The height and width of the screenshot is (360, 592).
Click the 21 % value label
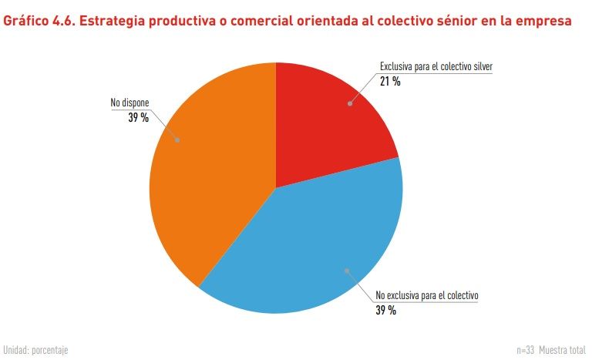pos(389,81)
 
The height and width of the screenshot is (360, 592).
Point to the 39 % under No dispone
pos(139,117)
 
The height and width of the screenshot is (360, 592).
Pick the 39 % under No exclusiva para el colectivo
pos(385,310)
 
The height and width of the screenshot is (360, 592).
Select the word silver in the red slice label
pos(479,67)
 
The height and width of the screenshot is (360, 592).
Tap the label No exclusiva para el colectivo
pos(427,295)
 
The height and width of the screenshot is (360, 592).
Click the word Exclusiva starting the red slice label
pos(397,67)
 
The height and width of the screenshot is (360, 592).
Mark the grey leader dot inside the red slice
pos(350,103)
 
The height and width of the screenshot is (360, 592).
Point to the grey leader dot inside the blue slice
pos(346,270)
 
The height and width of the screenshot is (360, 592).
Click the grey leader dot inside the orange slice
pos(179,140)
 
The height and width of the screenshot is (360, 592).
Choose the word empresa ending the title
pos(544,22)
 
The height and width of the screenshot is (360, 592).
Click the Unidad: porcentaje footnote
pos(35,350)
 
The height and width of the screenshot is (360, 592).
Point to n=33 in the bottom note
pos(525,350)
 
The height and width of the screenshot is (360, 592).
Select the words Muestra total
pos(563,350)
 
